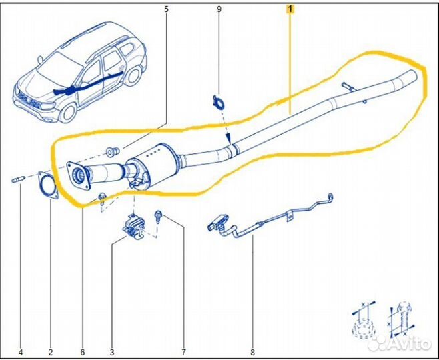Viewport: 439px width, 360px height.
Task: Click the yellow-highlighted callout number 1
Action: (x=289, y=9)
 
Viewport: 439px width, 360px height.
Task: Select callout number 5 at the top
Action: (x=166, y=9)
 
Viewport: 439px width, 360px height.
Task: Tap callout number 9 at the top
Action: (x=218, y=9)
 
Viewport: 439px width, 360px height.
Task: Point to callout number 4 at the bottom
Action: (x=20, y=352)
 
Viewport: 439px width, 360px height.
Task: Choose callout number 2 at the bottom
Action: (x=51, y=352)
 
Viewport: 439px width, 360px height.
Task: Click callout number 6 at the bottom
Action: (x=82, y=352)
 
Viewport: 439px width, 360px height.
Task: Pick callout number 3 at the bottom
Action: (x=112, y=352)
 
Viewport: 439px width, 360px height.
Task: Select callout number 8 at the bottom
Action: (x=253, y=352)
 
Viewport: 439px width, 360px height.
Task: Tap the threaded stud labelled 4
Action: (x=19, y=179)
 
